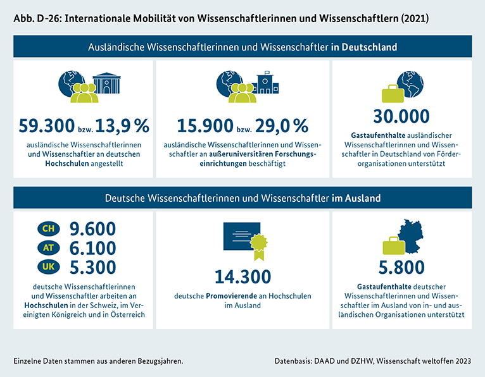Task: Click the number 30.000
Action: [401, 116]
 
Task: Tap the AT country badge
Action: [48, 247]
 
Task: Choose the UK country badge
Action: [48, 266]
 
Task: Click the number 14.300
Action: [242, 276]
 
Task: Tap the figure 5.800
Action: [401, 268]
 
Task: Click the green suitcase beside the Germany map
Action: [391, 245]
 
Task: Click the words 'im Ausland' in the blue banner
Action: [356, 198]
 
